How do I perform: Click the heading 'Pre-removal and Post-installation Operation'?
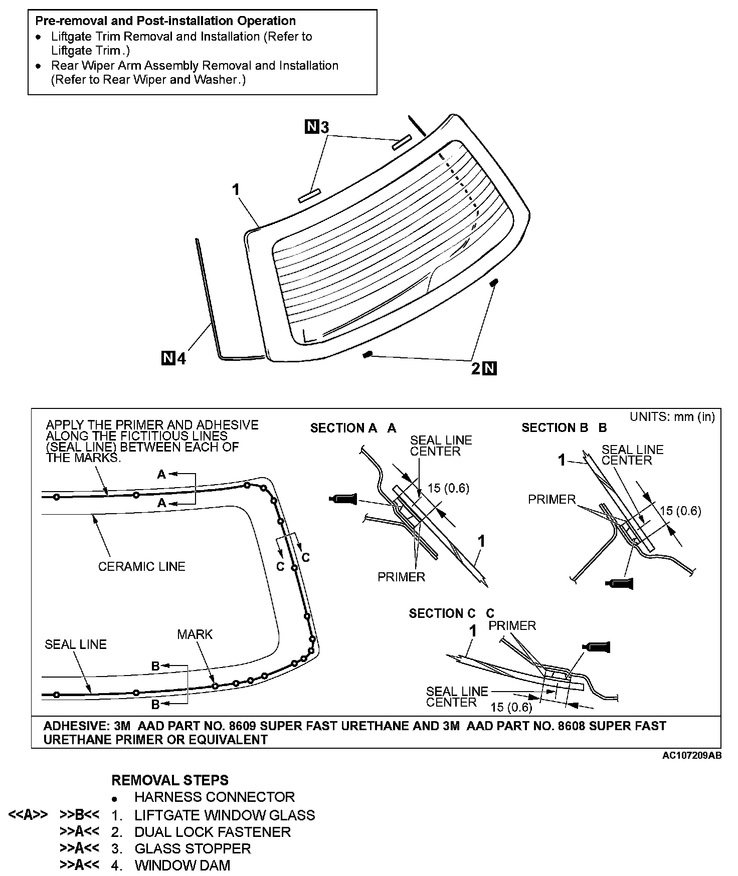pyautogui.click(x=165, y=21)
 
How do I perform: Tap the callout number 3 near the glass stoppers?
pyautogui.click(x=324, y=128)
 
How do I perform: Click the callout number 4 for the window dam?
pyautogui.click(x=181, y=359)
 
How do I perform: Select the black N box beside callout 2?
pyautogui.click(x=489, y=369)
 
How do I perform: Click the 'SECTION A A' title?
pyautogui.click(x=353, y=428)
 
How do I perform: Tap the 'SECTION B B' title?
pyautogui.click(x=564, y=427)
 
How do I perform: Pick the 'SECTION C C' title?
pyautogui.click(x=451, y=613)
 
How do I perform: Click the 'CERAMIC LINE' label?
pyautogui.click(x=141, y=566)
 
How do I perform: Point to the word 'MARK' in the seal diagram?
pyautogui.click(x=195, y=634)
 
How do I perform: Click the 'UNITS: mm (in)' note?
pyautogui.click(x=672, y=417)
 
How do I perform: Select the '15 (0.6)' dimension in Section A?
pyautogui.click(x=448, y=488)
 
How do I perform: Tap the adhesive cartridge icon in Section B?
pyautogui.click(x=620, y=583)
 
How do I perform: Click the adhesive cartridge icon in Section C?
pyautogui.click(x=596, y=647)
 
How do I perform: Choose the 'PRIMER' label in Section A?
pyautogui.click(x=401, y=577)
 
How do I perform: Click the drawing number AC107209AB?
pyautogui.click(x=692, y=756)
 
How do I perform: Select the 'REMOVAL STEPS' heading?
pyautogui.click(x=170, y=780)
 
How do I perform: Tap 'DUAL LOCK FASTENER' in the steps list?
pyautogui.click(x=213, y=832)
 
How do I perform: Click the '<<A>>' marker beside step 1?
pyautogui.click(x=28, y=815)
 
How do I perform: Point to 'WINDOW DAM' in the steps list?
pyautogui.click(x=182, y=865)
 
